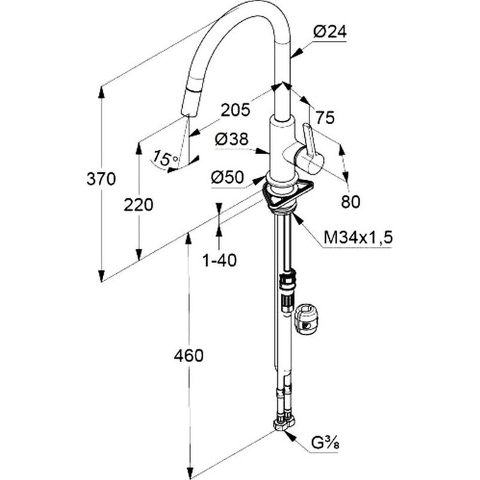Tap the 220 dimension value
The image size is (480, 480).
(138, 205)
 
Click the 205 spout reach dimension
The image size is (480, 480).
(235, 109)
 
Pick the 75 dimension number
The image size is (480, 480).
(325, 118)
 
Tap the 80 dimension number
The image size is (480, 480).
(350, 201)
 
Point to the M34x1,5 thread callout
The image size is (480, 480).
(357, 239)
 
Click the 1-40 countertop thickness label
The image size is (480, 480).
(219, 260)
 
